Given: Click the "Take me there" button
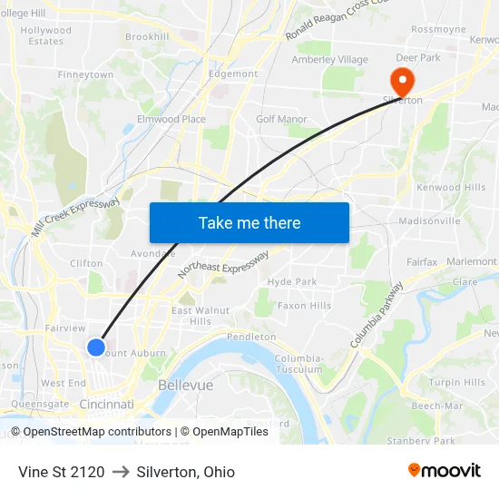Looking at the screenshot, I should (249, 222).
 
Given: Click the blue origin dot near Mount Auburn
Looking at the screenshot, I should (95, 347).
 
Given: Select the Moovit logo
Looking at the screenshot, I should (444, 470).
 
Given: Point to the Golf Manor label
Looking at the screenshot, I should (281, 119).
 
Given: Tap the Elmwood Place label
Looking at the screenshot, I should (171, 119).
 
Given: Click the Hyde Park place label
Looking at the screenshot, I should (292, 282).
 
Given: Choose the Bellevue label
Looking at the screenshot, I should (185, 385).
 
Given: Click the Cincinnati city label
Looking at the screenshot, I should (107, 404).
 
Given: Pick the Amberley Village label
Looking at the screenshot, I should (329, 60).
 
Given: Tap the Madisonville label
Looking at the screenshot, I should (429, 220).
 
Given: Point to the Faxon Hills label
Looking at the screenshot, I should (304, 306).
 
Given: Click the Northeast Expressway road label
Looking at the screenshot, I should (223, 264).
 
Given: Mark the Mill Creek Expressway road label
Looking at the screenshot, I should (76, 218).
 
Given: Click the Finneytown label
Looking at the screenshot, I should (85, 74).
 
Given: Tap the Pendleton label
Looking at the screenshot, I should (251, 337).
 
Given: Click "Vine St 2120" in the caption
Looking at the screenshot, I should (61, 472).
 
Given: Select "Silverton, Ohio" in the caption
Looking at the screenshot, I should (185, 472).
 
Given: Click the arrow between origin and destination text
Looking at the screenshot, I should (120, 472).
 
